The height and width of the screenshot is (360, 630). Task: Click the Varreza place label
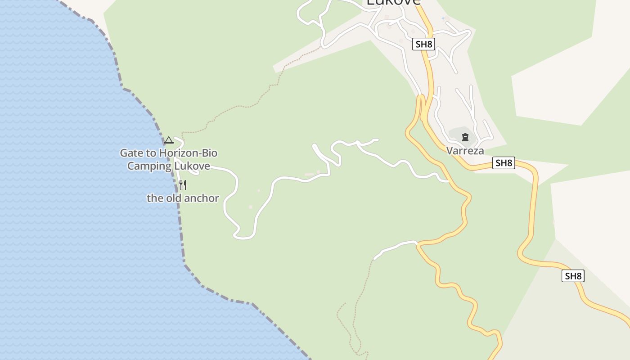click(465, 151)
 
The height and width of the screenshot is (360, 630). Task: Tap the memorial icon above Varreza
click(465, 137)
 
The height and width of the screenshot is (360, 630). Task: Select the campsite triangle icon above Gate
click(169, 140)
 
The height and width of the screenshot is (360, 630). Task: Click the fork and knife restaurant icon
click(183, 184)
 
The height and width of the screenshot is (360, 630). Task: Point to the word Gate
click(130, 153)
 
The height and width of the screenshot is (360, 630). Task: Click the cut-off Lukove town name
click(393, 2)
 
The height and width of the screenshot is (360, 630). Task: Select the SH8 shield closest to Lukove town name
click(423, 44)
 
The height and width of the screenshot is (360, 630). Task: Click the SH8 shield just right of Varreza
click(504, 163)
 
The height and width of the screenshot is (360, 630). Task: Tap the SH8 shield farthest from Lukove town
click(573, 276)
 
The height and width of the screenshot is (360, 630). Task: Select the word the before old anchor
click(155, 198)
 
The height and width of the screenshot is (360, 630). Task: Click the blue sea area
click(67, 202)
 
